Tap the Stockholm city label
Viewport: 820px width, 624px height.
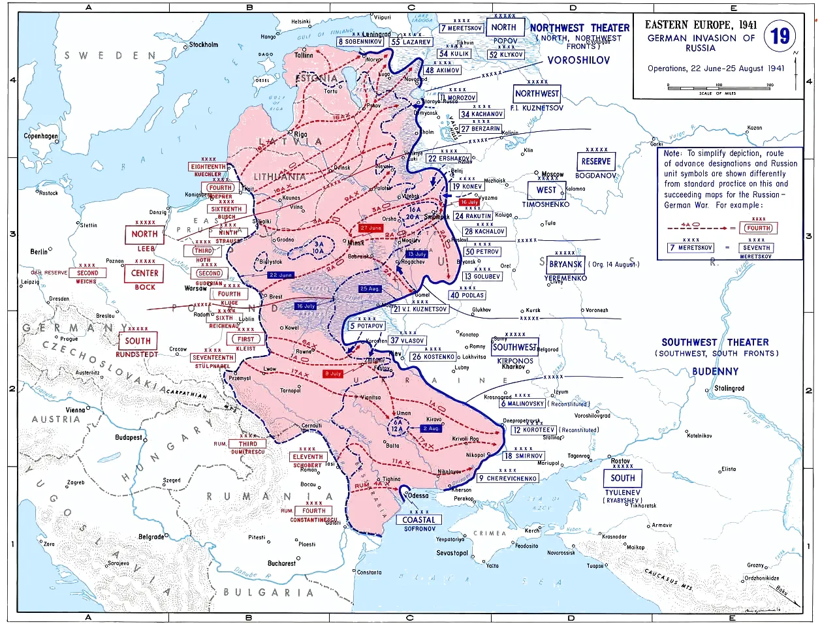coord(204,45)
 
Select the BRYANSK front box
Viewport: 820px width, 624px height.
coord(565,264)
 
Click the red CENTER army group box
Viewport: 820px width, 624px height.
coord(145,273)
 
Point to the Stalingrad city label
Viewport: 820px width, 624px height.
coord(729,388)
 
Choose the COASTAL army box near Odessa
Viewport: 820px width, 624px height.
coord(418,520)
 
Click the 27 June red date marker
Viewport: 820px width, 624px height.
coord(371,228)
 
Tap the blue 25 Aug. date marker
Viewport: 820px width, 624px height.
coord(370,289)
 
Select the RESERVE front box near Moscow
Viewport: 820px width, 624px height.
coord(596,161)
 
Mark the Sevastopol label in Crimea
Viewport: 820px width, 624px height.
coord(452,553)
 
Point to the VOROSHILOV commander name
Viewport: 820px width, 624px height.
coord(578,60)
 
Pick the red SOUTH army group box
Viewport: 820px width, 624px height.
coord(138,341)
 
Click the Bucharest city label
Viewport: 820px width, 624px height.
coord(282,563)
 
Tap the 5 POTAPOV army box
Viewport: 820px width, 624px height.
coord(366,326)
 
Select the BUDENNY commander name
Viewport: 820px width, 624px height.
coord(716,371)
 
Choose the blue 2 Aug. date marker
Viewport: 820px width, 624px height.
coord(431,428)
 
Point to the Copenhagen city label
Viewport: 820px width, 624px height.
coord(40,136)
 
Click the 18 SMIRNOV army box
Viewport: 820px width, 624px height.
coord(524,456)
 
